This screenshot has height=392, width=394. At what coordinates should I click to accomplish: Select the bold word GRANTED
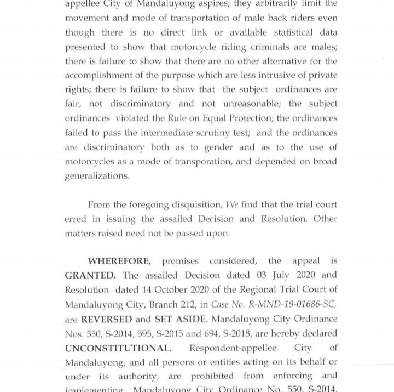90,275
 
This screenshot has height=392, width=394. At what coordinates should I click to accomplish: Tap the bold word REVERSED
107,319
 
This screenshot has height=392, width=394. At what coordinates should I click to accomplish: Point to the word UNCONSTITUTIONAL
118,348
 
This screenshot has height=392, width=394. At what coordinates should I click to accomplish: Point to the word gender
219,147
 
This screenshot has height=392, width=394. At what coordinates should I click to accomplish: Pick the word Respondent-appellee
233,348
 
